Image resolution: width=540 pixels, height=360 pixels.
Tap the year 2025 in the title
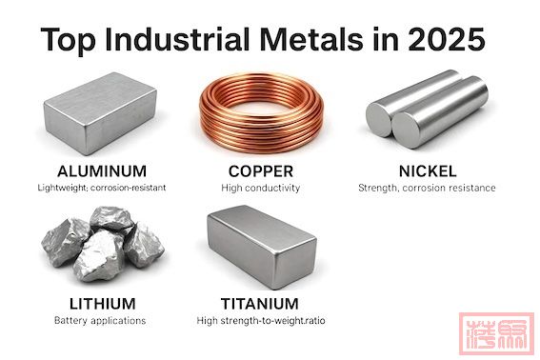447,41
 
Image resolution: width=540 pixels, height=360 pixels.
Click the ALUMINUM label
102,171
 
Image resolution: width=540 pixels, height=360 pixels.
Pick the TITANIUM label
261,304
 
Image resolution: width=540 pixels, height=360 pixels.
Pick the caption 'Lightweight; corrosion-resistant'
102,189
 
